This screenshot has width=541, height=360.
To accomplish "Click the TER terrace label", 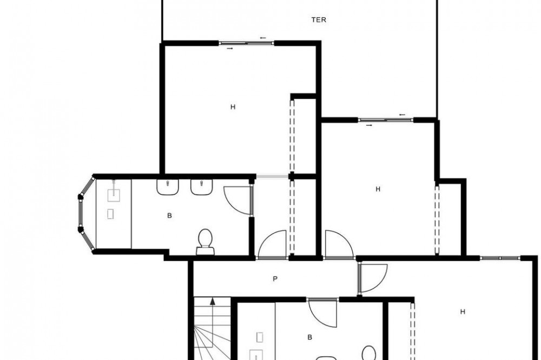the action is [x=319, y=20].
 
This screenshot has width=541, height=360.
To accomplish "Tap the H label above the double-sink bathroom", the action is [x=233, y=107].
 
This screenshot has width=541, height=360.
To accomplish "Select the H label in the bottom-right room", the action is [x=463, y=312].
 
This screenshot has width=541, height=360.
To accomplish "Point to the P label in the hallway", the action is [x=275, y=279].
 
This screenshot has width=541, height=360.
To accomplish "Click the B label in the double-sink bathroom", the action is [x=169, y=216].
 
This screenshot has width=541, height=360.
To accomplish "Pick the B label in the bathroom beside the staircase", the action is [x=309, y=337].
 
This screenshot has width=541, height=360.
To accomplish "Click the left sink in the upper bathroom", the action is [x=168, y=187].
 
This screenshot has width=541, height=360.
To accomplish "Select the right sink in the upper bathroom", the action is [x=201, y=187].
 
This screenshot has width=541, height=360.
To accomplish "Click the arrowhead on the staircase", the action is [x=213, y=302].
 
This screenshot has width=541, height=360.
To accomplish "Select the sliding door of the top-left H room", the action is [x=247, y=43].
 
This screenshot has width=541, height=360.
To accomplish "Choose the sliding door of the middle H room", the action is [x=386, y=120].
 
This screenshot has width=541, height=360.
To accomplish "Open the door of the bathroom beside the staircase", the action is [x=322, y=312].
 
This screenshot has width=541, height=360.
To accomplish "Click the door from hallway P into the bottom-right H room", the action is [x=373, y=278].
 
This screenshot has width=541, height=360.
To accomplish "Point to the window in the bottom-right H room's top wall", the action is [x=500, y=258].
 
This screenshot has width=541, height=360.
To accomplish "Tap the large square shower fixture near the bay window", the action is [x=114, y=195].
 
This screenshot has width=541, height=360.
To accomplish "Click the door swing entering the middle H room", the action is [x=339, y=244].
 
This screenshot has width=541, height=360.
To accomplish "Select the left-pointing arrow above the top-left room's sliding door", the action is [x=263, y=38].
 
